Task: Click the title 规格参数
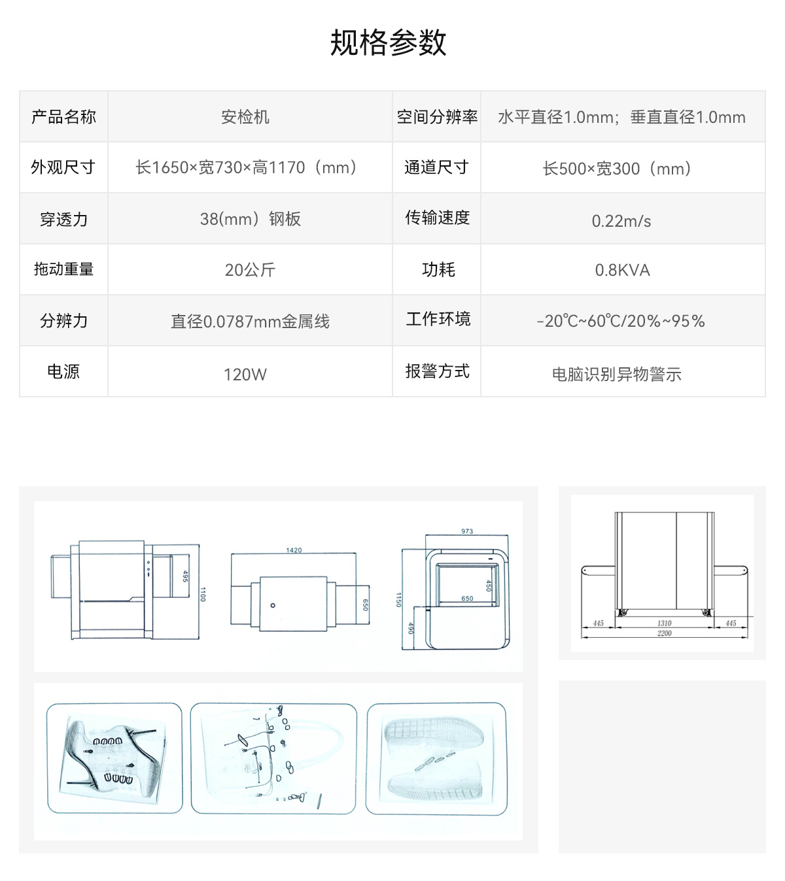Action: coord(388,42)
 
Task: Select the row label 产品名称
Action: coord(63,117)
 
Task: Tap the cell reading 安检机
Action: coord(245,117)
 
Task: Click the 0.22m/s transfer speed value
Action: coord(621,222)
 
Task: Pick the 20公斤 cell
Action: coord(250,270)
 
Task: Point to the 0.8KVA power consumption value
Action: coord(622,271)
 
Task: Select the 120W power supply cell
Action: coord(245,374)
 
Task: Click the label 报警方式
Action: coord(437,371)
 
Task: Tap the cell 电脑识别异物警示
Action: coord(616,374)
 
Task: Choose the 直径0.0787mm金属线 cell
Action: coord(250,322)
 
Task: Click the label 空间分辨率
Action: coord(437,117)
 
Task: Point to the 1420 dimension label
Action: coord(294,550)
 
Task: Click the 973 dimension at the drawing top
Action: coord(466,531)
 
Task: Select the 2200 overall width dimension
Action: coord(664,633)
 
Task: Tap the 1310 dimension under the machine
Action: coord(664,623)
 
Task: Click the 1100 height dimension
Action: coord(202,594)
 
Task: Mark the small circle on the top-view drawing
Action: coord(273,605)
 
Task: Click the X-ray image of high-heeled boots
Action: coord(114,758)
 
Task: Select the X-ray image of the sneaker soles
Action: coord(437,759)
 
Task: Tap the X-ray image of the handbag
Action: coord(273,759)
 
